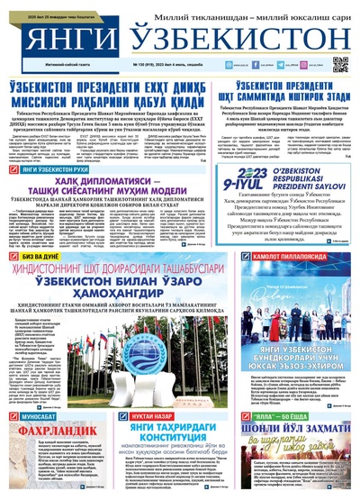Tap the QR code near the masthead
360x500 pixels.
pyautogui.click(x=339, y=64)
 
